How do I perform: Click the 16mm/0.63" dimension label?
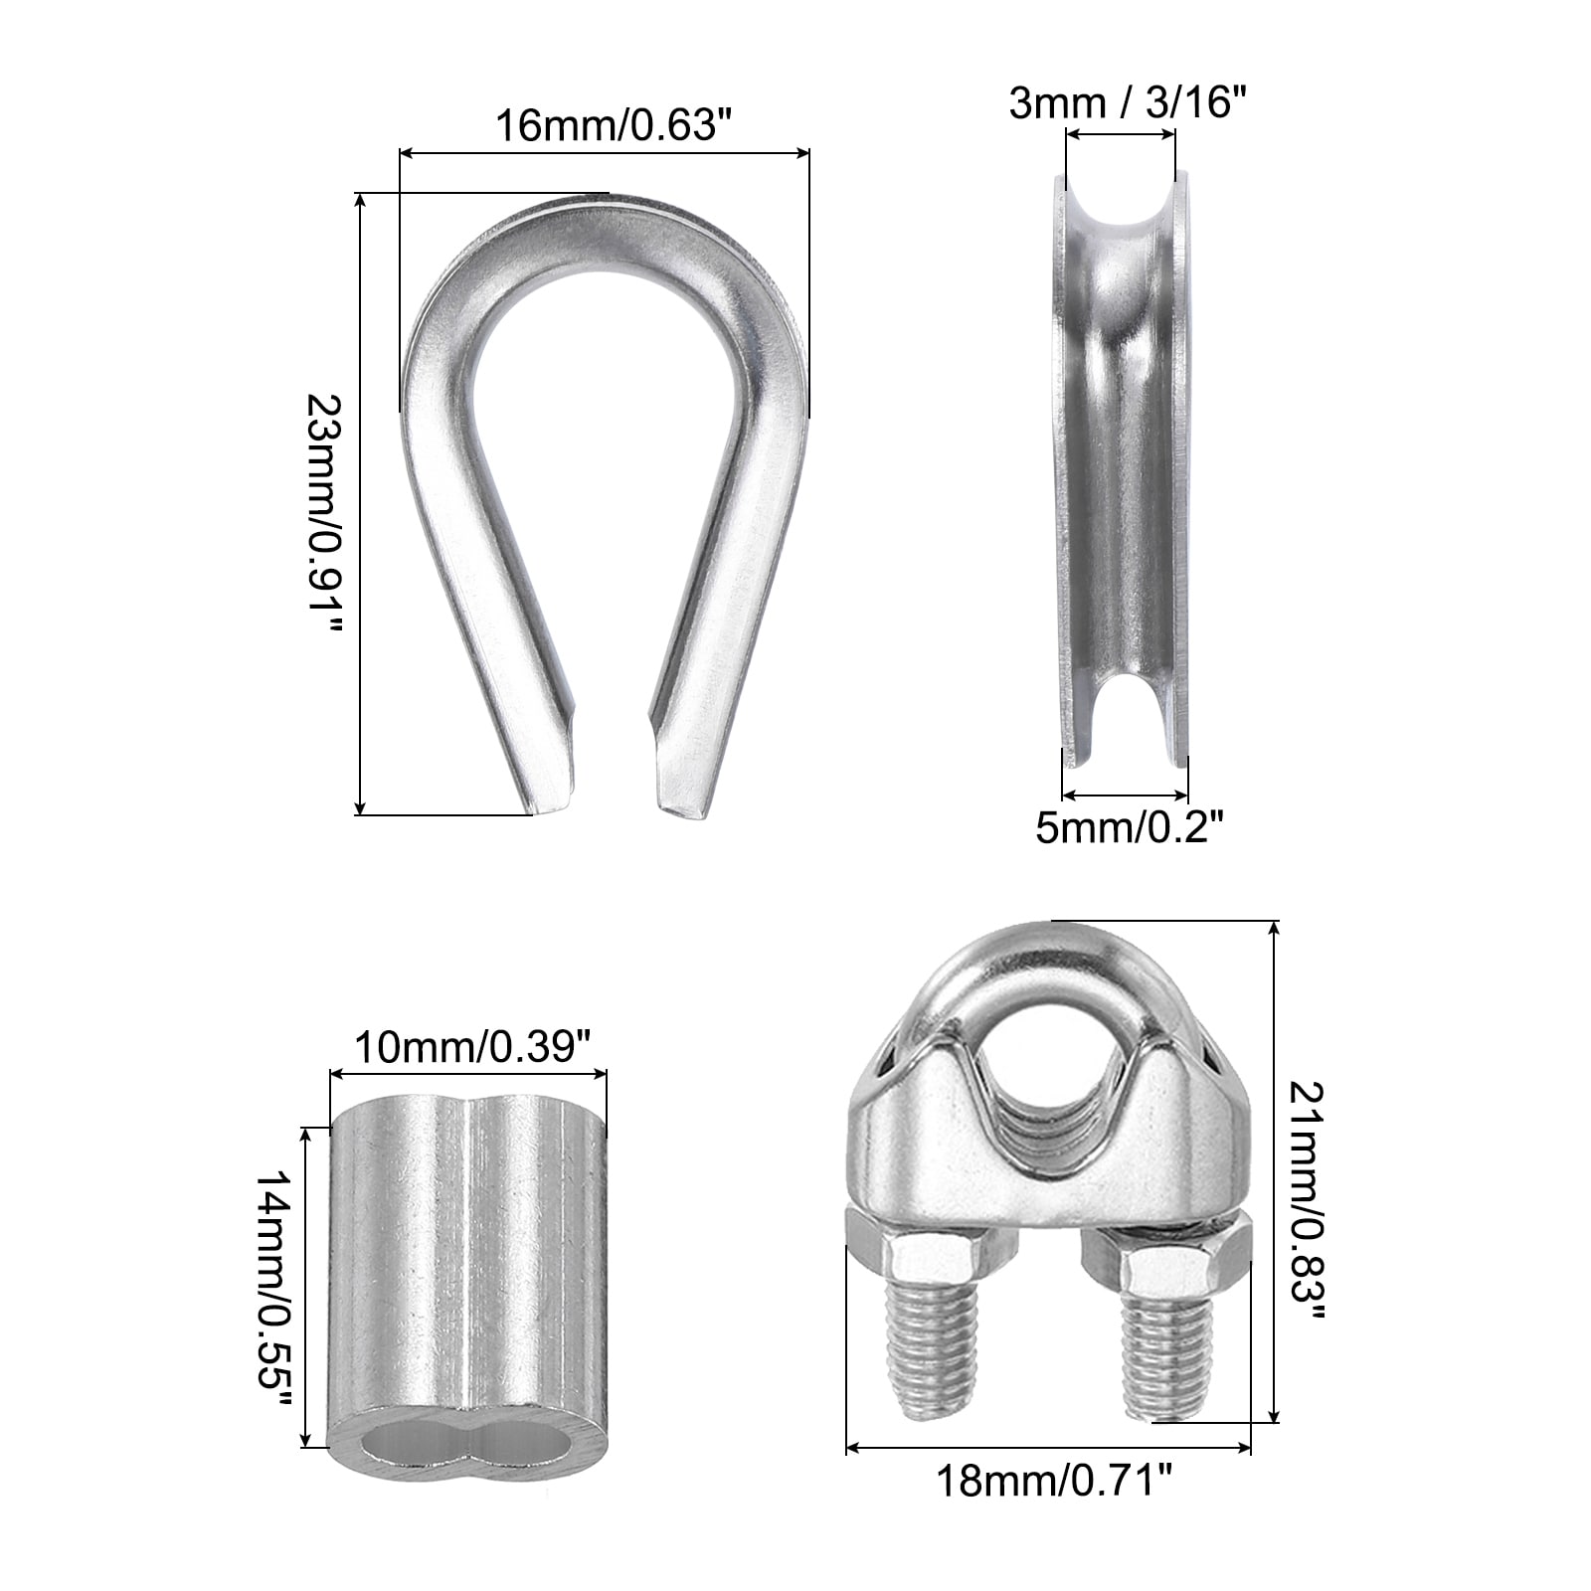(606, 126)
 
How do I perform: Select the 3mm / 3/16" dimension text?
(1128, 102)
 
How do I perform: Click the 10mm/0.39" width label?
(466, 1048)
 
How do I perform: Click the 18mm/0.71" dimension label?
(1048, 1510)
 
